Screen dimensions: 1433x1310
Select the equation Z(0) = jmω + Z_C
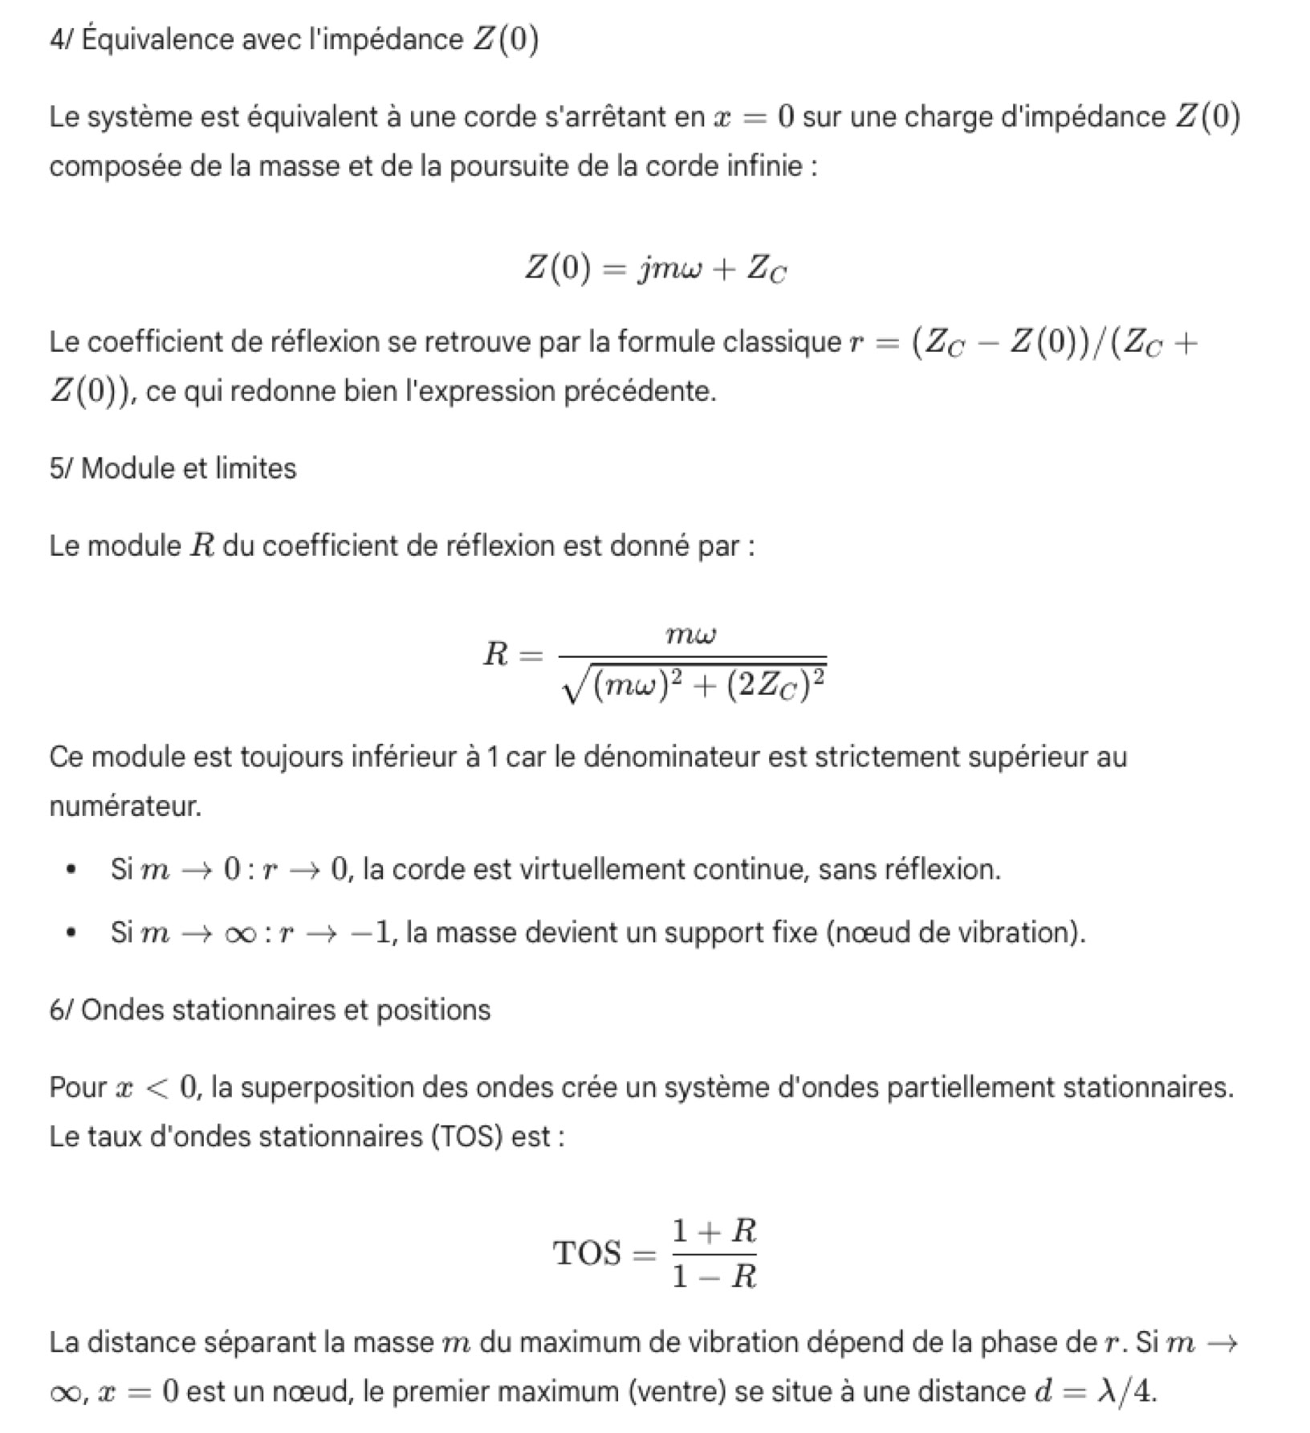[x=656, y=267]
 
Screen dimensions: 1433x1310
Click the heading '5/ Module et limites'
[x=173, y=468]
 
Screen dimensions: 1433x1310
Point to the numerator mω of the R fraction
[x=691, y=635]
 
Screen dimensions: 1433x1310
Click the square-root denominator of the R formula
[x=695, y=685]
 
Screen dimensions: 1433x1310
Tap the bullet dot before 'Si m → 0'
[x=72, y=870]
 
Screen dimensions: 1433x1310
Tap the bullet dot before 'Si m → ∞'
[x=72, y=933]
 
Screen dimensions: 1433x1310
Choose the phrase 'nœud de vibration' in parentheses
[x=955, y=933]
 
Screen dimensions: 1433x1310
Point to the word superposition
[x=325, y=1088]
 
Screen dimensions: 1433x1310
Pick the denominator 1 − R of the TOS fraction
[x=714, y=1276]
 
